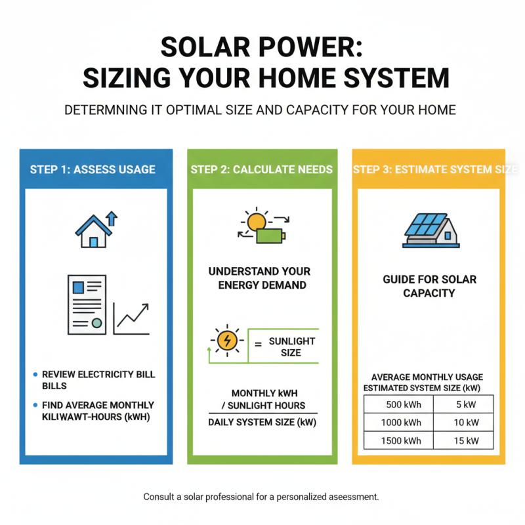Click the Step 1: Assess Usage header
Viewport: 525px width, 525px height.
[93, 169]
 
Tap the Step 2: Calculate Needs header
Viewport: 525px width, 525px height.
[261, 169]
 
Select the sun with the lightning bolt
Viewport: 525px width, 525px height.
[227, 340]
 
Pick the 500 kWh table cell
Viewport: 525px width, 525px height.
[400, 405]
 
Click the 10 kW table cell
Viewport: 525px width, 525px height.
[467, 423]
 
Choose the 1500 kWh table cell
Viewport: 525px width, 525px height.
[400, 440]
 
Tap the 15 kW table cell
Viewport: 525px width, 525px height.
[467, 440]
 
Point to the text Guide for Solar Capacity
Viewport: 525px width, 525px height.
[429, 286]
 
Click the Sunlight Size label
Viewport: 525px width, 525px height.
[292, 346]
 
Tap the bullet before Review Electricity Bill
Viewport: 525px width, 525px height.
[35, 375]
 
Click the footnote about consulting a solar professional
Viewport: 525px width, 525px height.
[261, 497]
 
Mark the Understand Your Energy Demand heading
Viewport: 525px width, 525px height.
[259, 278]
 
